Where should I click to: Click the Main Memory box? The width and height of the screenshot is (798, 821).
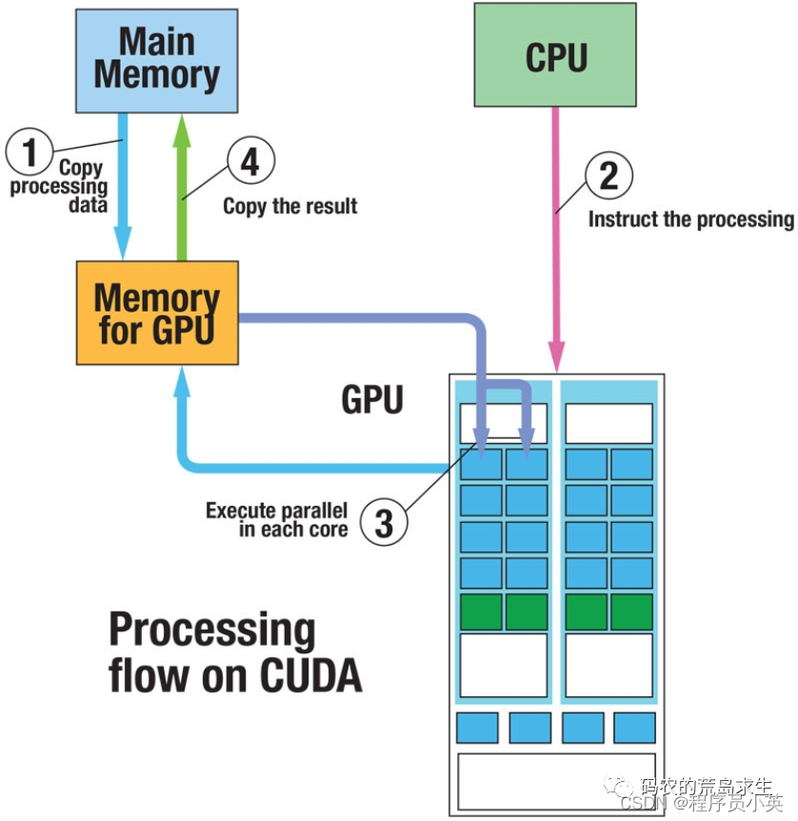coord(156,59)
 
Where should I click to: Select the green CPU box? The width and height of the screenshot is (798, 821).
coord(555,55)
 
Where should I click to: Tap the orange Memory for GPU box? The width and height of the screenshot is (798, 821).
coord(157,312)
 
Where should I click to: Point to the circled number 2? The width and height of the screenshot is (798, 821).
coord(608,174)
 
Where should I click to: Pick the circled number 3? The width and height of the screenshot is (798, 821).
coord(383,523)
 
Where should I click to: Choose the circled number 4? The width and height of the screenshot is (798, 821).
coord(249,162)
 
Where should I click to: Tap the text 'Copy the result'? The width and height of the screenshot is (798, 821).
coord(289,206)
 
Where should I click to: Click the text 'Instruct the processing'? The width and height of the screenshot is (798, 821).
coord(690,219)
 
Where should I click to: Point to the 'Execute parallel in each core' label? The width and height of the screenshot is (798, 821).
coord(276,520)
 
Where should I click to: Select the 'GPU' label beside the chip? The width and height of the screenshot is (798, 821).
coord(372,400)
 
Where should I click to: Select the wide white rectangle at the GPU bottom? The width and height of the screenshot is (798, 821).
coord(556,782)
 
